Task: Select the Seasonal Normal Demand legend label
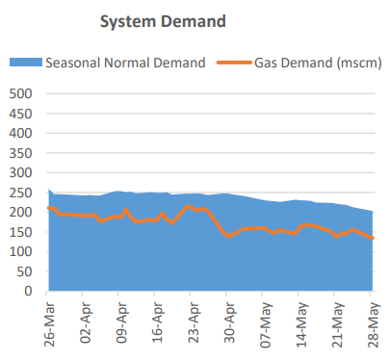pos(126,63)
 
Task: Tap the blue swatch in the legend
pos(26,63)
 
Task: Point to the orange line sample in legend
pos(231,63)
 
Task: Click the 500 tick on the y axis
pos(20,94)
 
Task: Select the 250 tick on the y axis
pos(20,193)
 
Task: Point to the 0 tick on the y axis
pos(29,291)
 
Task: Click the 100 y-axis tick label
pos(20,251)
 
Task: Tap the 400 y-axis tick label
pos(20,134)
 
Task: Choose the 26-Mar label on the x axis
pos(50,324)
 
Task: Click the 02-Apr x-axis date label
pos(85,324)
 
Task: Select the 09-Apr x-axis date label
pos(120,324)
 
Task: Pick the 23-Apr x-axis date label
pos(193,324)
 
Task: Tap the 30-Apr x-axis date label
pos(229,324)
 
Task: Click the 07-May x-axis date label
pos(265,324)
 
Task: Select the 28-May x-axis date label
pos(373,324)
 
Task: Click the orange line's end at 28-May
pos(373,238)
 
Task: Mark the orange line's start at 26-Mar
pos(49,208)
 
